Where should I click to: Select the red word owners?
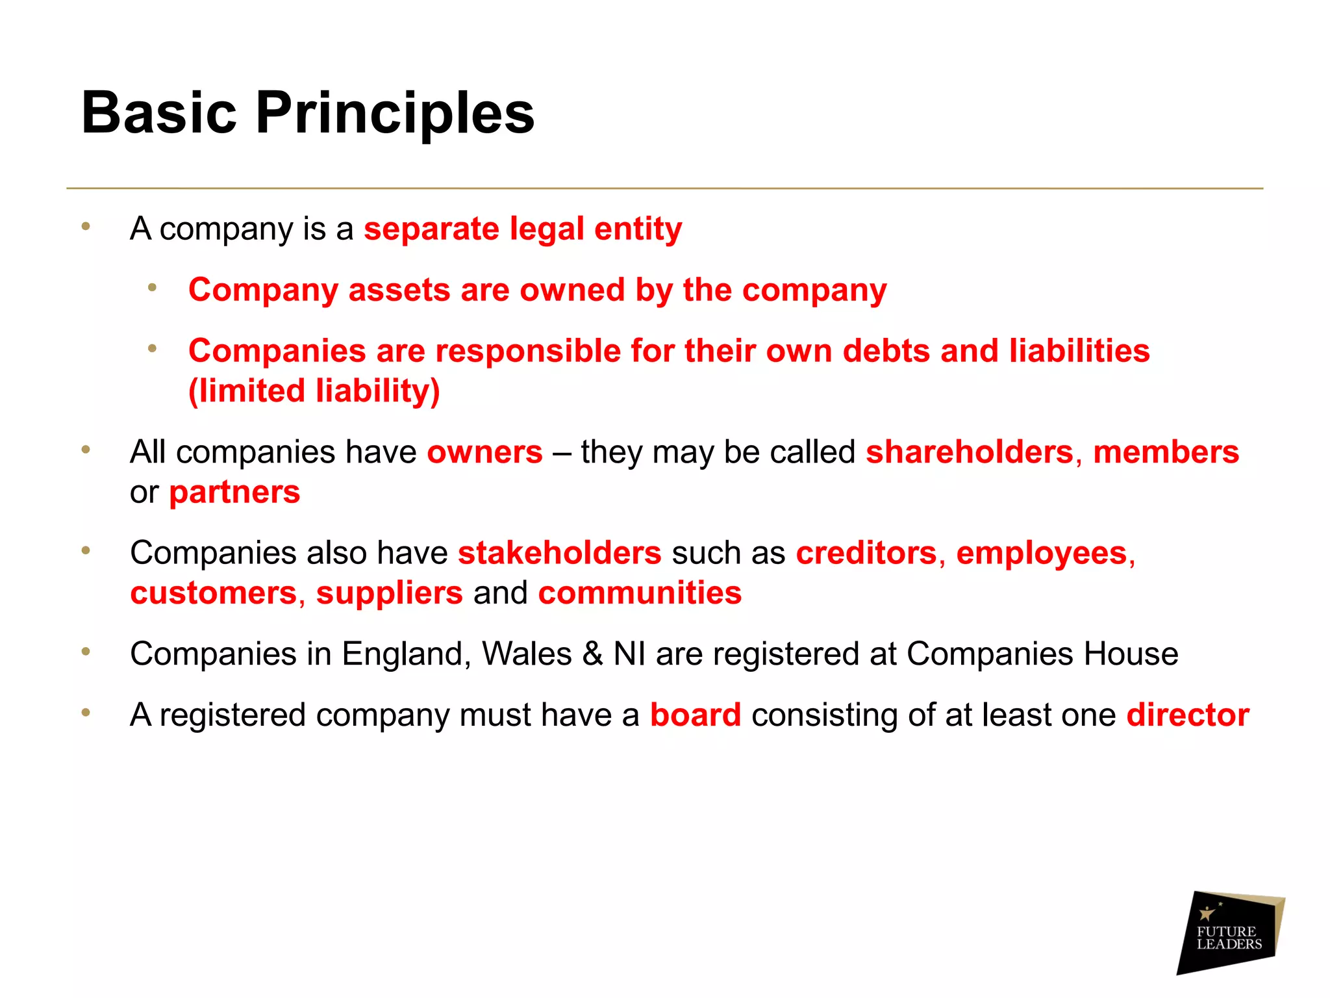point(484,452)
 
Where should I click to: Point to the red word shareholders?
point(970,452)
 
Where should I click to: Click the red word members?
point(1166,452)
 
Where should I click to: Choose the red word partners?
point(234,493)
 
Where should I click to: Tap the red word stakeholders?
point(559,554)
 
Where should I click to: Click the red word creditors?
point(866,554)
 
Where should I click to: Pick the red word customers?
point(214,593)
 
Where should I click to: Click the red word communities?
point(640,593)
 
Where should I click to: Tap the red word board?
point(696,715)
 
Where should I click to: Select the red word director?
point(1188,715)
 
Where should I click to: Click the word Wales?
point(527,654)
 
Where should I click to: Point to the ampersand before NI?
point(592,654)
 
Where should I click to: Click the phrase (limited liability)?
point(314,391)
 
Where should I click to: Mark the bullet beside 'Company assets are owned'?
point(152,288)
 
